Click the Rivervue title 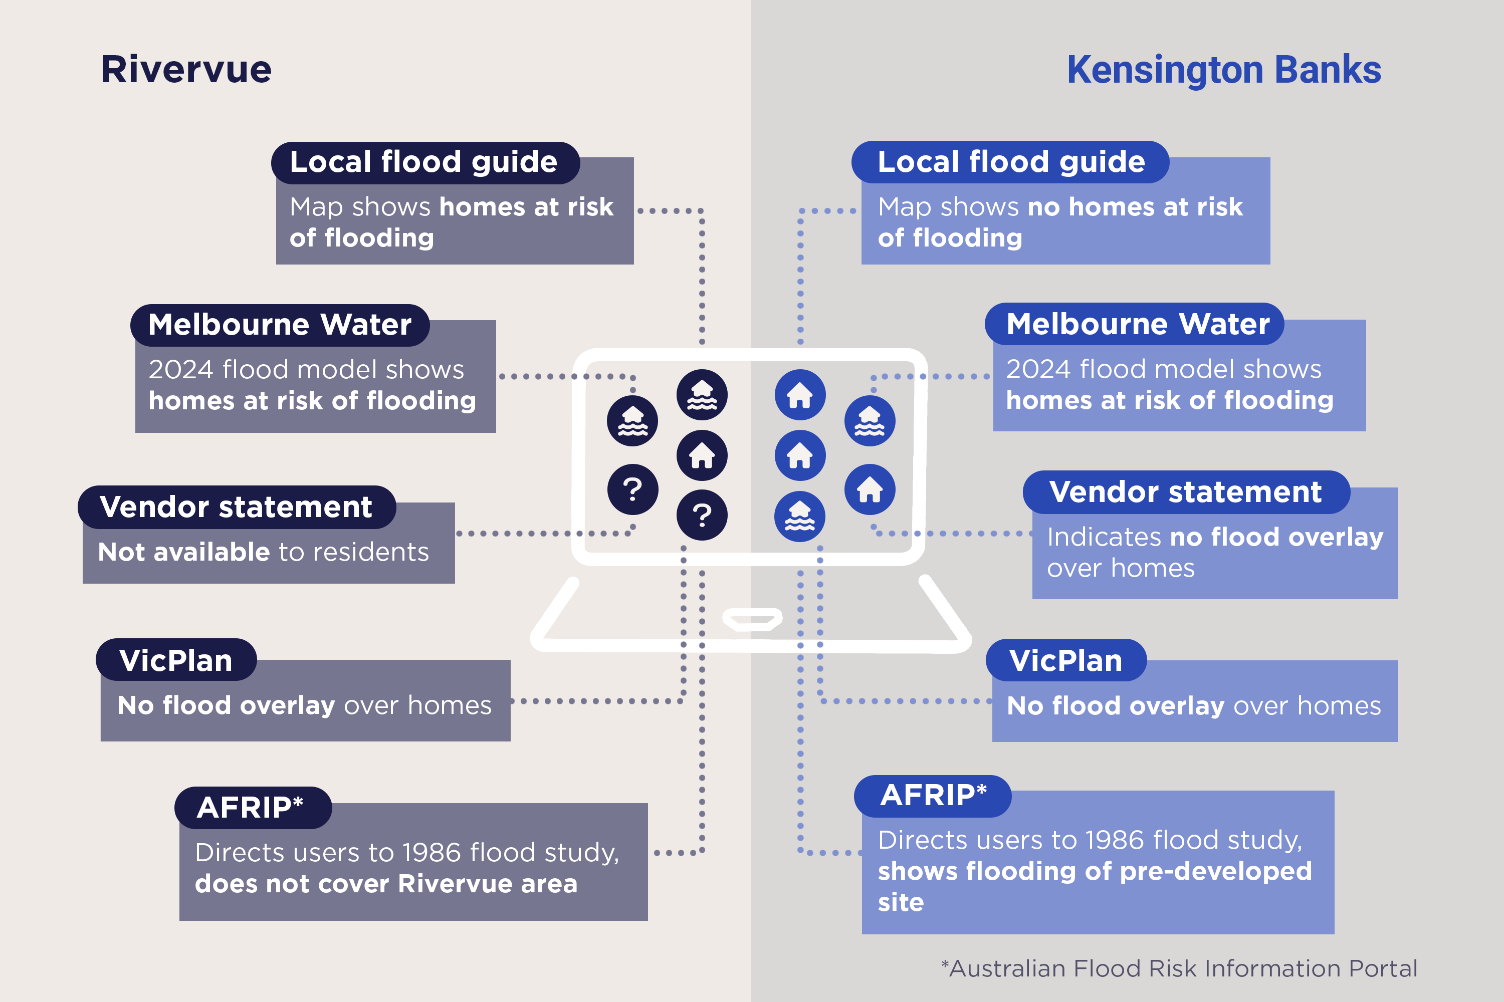[186, 69]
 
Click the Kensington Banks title [1223, 70]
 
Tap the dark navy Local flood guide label [424, 162]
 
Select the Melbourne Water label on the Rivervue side [280, 325]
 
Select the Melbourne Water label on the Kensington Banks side [1137, 324]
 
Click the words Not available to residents [263, 552]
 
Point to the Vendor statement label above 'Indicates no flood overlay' [1186, 492]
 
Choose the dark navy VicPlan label [176, 660]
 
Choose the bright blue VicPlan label [1065, 660]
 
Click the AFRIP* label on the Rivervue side [251, 808]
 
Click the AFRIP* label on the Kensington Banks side [933, 796]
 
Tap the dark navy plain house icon [702, 455]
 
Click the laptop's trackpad [752, 619]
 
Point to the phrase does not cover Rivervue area [386, 884]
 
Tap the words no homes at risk [1135, 207]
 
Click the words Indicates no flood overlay [1214, 537]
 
